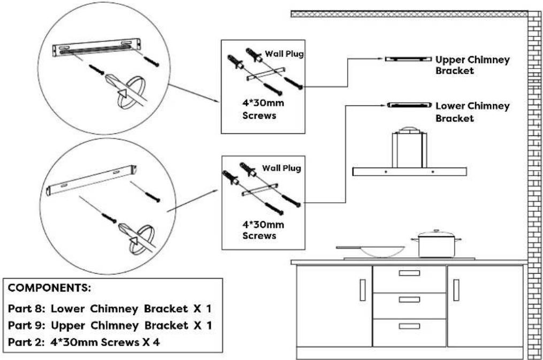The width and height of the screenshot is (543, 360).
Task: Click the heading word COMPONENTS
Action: point(49,288)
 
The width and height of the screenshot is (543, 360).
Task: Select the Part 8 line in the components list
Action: point(110,309)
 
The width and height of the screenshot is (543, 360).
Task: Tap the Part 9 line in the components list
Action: point(110,325)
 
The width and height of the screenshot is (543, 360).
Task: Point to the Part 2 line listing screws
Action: point(84,342)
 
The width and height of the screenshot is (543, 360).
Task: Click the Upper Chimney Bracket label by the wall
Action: point(472,65)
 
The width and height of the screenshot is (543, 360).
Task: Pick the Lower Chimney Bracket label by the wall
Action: point(472,112)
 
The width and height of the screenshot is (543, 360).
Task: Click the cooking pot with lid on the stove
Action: point(436,244)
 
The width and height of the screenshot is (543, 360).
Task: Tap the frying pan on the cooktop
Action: point(371,251)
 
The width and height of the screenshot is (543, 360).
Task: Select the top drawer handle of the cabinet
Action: point(409,273)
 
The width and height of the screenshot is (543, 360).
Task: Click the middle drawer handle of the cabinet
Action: point(409,300)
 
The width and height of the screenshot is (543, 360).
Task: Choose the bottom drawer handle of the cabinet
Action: point(409,326)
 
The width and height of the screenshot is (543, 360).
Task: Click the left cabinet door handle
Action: point(363,290)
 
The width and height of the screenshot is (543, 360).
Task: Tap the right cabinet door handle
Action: point(456,290)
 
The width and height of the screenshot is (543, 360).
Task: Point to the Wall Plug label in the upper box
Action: point(284,53)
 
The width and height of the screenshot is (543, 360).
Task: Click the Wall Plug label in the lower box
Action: point(281,168)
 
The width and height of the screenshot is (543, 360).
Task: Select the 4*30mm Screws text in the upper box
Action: point(263,109)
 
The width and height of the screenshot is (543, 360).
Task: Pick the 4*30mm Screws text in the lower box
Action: point(263,230)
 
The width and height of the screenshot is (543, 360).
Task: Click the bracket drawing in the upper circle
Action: point(97,47)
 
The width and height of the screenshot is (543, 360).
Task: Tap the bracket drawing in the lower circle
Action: point(91,180)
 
